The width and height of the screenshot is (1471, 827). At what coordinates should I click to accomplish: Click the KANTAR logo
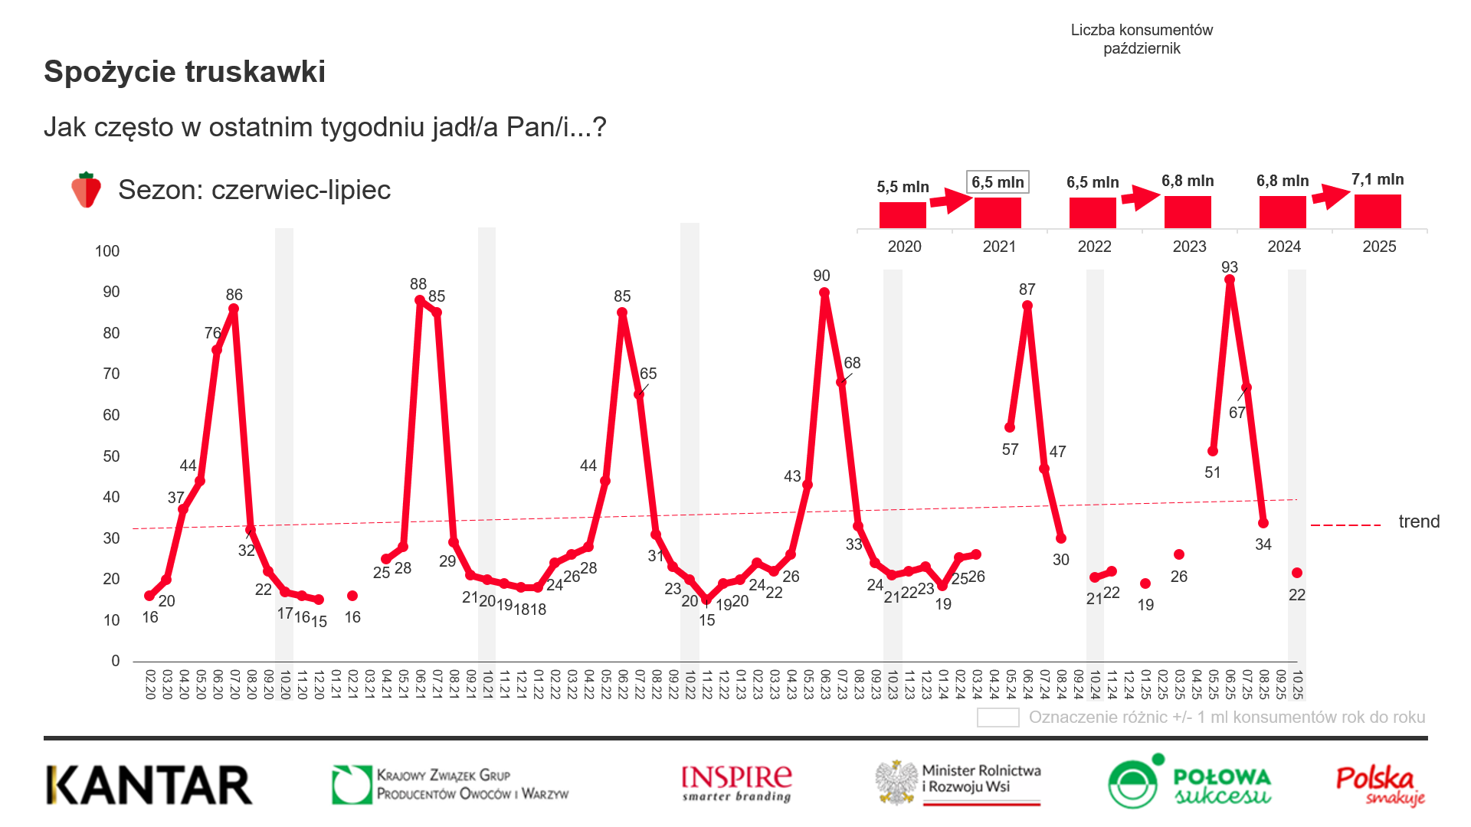tap(149, 785)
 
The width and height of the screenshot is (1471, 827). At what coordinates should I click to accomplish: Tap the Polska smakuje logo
tap(1379, 785)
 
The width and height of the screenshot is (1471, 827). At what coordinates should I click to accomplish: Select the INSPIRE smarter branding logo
tap(736, 783)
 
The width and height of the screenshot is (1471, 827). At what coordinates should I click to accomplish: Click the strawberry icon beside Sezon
tap(86, 190)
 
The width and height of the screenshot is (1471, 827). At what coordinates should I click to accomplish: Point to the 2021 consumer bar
tap(998, 212)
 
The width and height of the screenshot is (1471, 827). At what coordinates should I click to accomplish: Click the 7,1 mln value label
tap(1378, 180)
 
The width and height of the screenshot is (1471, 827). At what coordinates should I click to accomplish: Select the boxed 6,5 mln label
tap(998, 182)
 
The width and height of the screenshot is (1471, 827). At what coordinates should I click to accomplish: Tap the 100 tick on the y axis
tap(107, 251)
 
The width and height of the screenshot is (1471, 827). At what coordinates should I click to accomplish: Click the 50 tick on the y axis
tap(111, 456)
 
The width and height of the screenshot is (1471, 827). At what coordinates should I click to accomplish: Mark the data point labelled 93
tap(1230, 280)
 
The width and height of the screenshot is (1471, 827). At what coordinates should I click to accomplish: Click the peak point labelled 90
tap(824, 293)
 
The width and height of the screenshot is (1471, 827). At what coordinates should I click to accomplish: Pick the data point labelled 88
tap(420, 301)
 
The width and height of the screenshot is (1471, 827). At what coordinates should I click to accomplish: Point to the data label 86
tap(234, 295)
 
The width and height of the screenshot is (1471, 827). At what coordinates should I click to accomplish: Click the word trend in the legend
tap(1419, 521)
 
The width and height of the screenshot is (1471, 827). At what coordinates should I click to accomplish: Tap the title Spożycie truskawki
tap(185, 72)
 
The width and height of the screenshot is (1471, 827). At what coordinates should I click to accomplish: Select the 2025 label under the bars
tap(1379, 247)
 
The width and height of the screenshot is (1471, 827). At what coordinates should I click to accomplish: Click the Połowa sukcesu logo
tap(1189, 783)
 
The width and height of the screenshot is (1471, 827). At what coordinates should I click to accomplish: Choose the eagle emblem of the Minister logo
tap(897, 783)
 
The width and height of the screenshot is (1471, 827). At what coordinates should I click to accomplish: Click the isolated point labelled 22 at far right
tap(1297, 573)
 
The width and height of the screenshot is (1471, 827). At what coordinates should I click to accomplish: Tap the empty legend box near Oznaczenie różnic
tap(998, 717)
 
